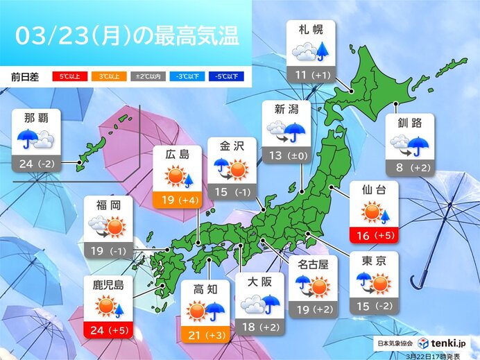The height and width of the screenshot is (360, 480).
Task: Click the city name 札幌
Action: coord(311,32)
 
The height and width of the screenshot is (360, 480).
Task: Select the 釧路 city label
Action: coord(410,125)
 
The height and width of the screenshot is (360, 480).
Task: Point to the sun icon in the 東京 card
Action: coord(381,283)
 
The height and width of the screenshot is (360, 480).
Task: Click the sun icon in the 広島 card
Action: coord(173,179)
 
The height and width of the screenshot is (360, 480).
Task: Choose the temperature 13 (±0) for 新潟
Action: coord(286,155)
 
